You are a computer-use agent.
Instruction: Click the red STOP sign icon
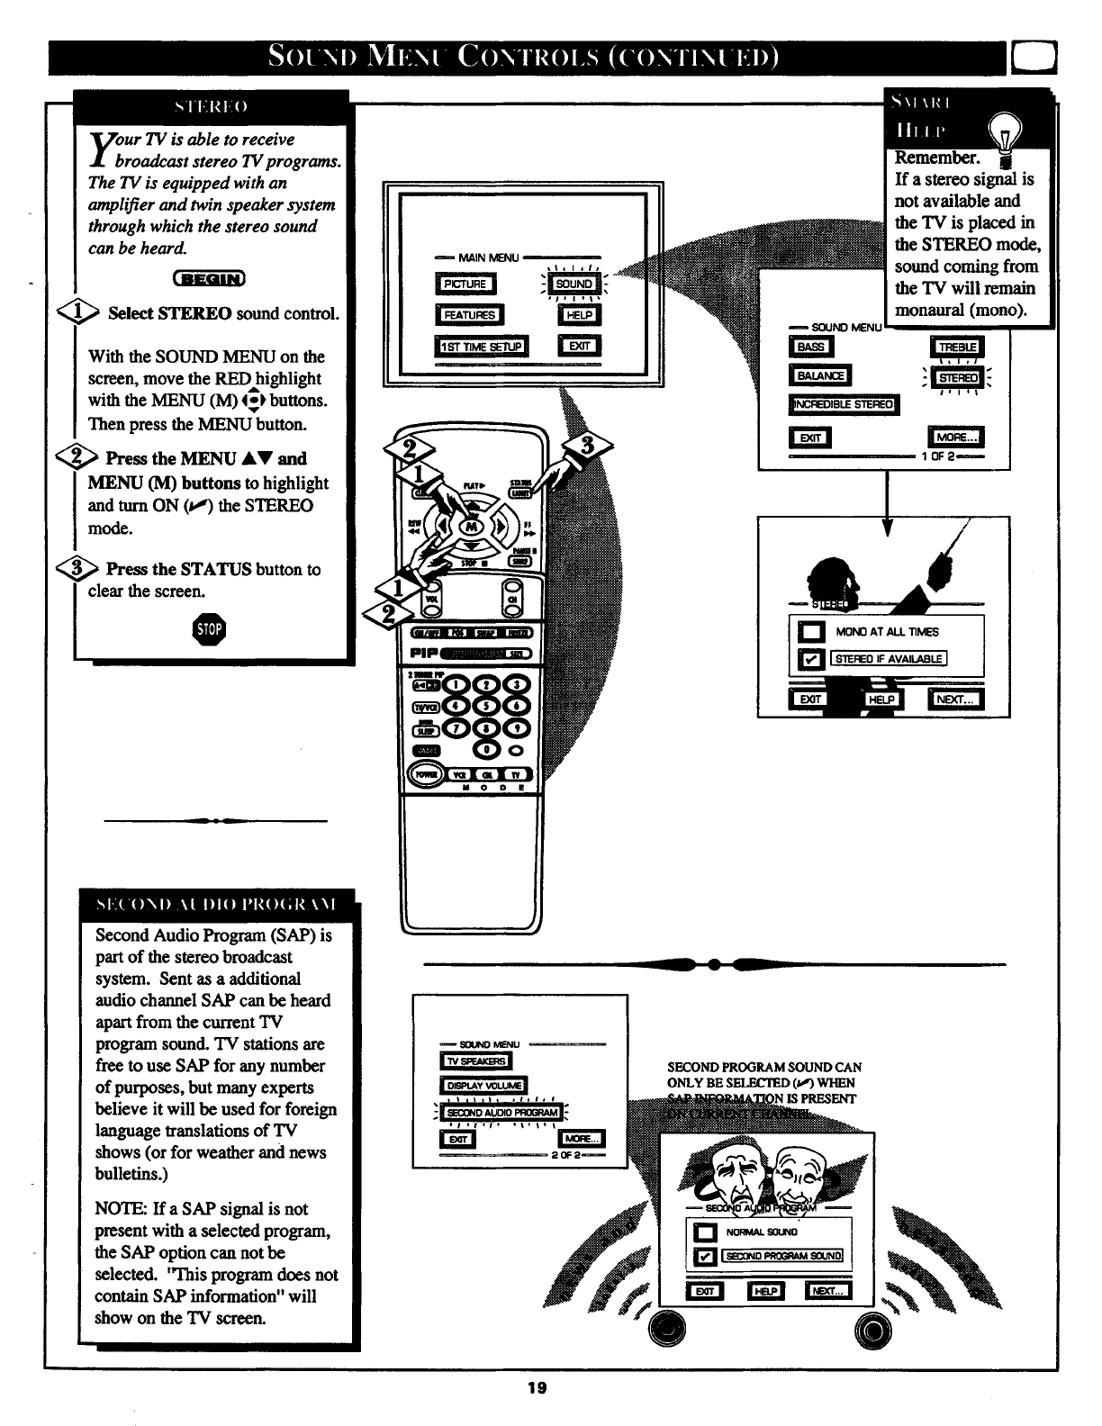(x=209, y=629)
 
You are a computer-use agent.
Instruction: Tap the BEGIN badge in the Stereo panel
(x=209, y=278)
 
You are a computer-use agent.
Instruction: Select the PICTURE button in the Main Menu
(x=464, y=284)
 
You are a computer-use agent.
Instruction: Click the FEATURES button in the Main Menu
(x=469, y=315)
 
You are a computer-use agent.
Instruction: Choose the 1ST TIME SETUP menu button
(x=483, y=347)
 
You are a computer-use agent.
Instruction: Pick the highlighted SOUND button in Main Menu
(x=574, y=284)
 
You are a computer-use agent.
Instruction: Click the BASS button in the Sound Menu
(x=810, y=347)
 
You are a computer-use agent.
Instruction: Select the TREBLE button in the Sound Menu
(x=956, y=347)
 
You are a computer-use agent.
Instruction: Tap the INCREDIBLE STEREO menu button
(x=844, y=404)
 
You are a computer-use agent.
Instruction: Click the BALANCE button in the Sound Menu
(x=819, y=376)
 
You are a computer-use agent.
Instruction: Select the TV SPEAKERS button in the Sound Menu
(x=474, y=1062)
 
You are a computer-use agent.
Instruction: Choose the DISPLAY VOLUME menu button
(x=483, y=1086)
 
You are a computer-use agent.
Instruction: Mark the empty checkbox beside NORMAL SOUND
(x=707, y=1232)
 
